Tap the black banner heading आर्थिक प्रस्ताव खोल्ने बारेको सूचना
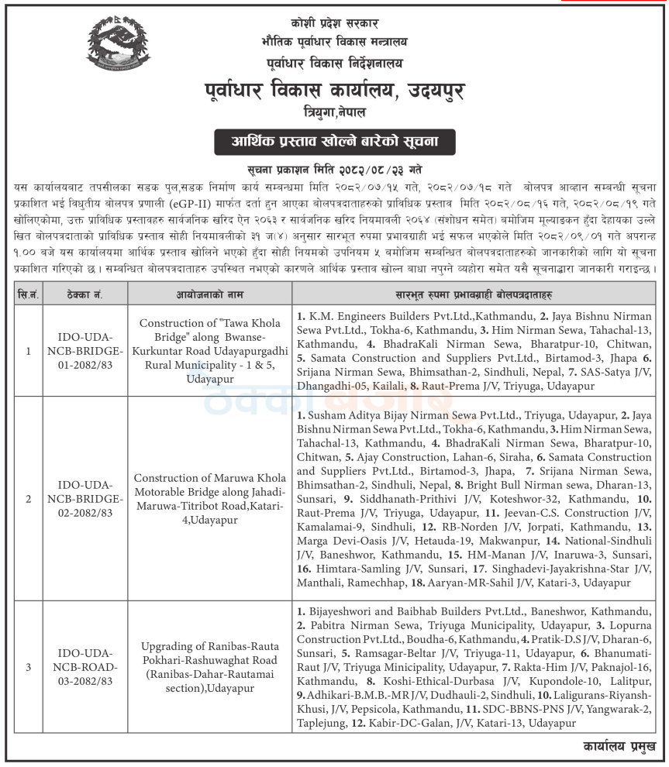pyautogui.click(x=334, y=143)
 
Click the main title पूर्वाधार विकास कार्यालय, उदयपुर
pyautogui.click(x=335, y=91)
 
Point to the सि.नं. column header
pyautogui.click(x=29, y=294)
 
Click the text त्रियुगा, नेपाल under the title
pyautogui.click(x=334, y=113)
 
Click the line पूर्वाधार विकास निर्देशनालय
pyautogui.click(x=334, y=62)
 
